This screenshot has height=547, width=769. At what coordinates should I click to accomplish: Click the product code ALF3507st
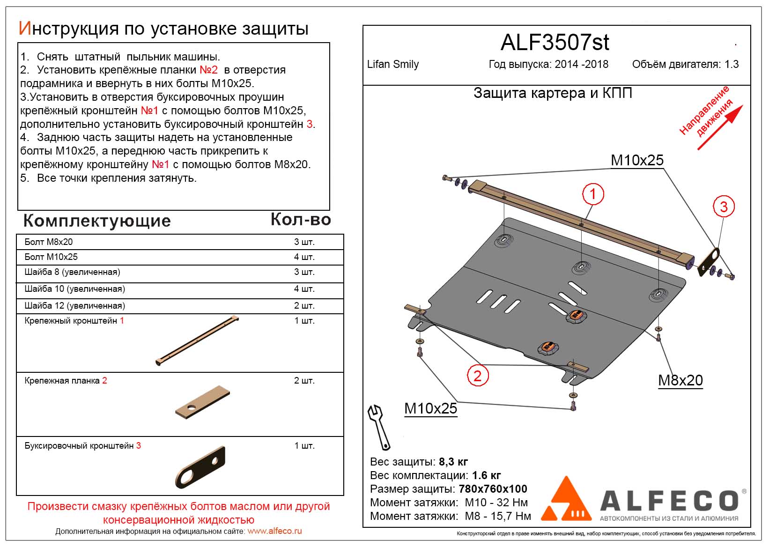pyautogui.click(x=555, y=43)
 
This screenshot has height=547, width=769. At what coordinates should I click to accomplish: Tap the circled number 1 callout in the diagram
pyautogui.click(x=592, y=194)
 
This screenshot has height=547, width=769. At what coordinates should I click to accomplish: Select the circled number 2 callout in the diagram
pyautogui.click(x=477, y=376)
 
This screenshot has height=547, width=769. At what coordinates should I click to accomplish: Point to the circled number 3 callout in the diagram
pyautogui.click(x=724, y=207)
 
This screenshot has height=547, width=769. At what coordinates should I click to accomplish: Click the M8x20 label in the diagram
pyautogui.click(x=680, y=380)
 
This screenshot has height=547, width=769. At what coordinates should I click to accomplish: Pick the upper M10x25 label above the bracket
pyautogui.click(x=637, y=160)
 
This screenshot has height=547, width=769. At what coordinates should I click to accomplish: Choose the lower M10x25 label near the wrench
pyautogui.click(x=430, y=408)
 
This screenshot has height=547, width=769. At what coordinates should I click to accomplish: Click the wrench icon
pyautogui.click(x=379, y=427)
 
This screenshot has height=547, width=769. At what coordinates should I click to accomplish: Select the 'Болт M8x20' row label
pyautogui.click(x=49, y=242)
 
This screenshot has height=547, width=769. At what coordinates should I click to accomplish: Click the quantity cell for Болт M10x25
pyautogui.click(x=304, y=257)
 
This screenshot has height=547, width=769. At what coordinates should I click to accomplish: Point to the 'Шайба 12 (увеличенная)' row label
pyautogui.click(x=74, y=306)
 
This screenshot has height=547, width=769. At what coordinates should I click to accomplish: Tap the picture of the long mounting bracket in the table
pyautogui.click(x=197, y=341)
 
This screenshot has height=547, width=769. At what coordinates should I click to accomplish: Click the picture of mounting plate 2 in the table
pyautogui.click(x=203, y=402)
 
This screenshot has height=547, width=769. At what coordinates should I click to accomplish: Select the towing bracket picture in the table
pyautogui.click(x=200, y=467)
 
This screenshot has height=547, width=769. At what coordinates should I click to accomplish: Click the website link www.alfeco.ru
pyautogui.click(x=274, y=531)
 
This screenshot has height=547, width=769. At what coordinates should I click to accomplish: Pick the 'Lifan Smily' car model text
pyautogui.click(x=393, y=65)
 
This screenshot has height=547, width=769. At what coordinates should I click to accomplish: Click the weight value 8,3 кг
pyautogui.click(x=453, y=462)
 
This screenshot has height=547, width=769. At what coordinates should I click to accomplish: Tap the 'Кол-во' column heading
pyautogui.click(x=301, y=220)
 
